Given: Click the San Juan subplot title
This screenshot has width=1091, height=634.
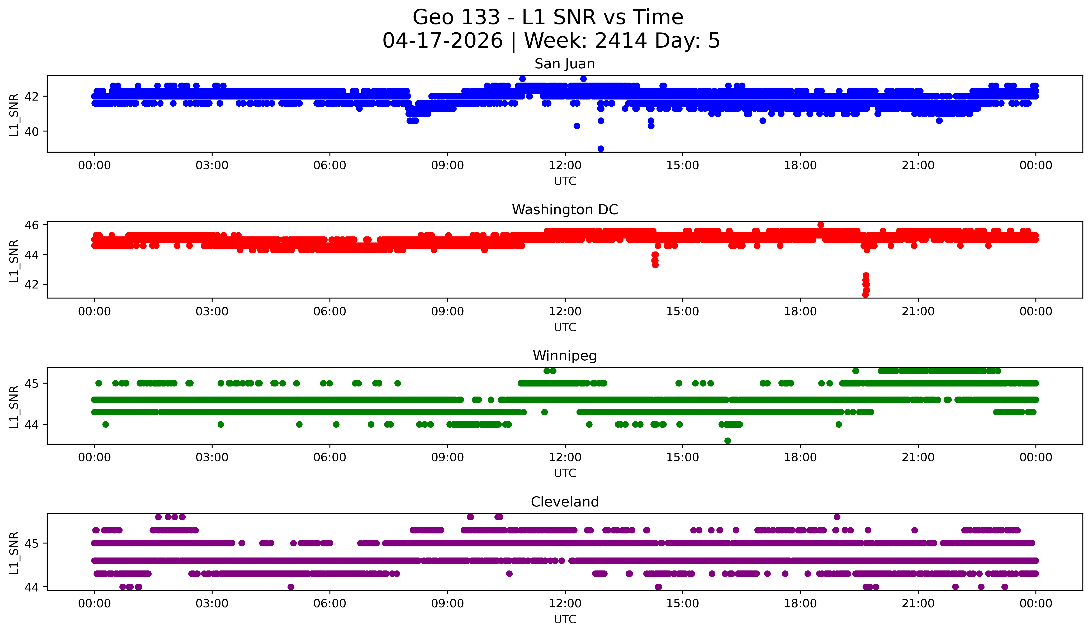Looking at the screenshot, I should pyautogui.click(x=565, y=64).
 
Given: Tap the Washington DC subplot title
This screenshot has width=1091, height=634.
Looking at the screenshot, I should pyautogui.click(x=565, y=210).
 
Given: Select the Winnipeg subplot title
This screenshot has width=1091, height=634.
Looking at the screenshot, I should pyautogui.click(x=565, y=356).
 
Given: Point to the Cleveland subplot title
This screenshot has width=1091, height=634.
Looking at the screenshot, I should pyautogui.click(x=565, y=502).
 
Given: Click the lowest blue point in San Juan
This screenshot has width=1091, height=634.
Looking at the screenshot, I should pyautogui.click(x=601, y=149).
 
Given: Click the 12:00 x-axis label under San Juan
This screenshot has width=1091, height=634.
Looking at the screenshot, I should pyautogui.click(x=565, y=166).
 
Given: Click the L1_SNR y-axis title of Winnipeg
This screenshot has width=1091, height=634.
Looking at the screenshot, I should pyautogui.click(x=14, y=407).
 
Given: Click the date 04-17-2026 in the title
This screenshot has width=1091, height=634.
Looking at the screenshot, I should pyautogui.click(x=442, y=41).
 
